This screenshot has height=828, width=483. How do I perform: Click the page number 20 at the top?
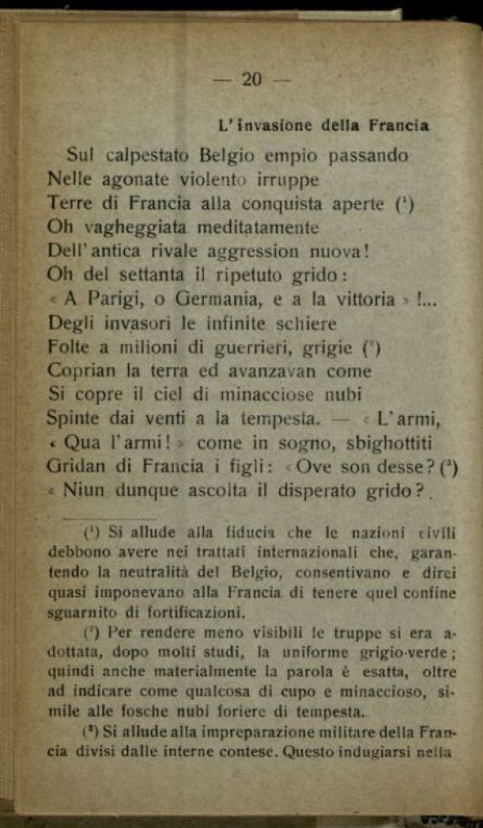coord(252,80)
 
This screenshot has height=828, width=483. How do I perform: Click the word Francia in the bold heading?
coord(398,127)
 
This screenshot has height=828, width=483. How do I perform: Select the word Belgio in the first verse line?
coord(231,156)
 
